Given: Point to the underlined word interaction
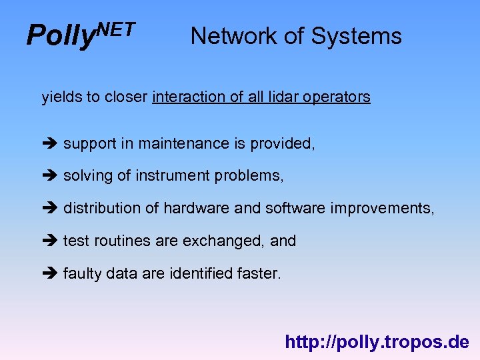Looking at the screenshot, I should [189, 97].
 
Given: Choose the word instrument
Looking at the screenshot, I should [173, 176].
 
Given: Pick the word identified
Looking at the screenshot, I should [191, 273].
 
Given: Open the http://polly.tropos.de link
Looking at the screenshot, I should [377, 343].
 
